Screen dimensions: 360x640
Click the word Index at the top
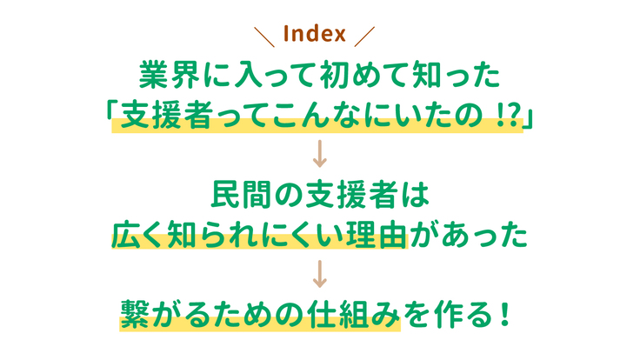click(315, 35)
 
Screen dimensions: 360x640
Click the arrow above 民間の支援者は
click(320, 155)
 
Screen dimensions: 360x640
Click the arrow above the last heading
click(320, 275)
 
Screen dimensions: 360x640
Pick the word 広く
click(140, 235)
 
